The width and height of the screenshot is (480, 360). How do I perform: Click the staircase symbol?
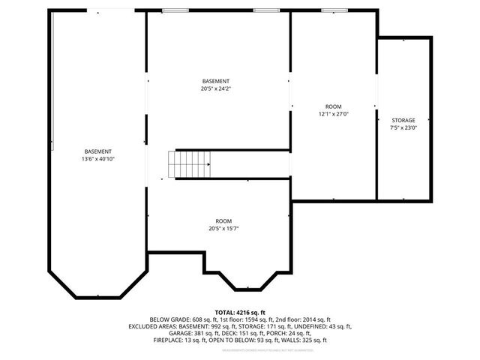191,163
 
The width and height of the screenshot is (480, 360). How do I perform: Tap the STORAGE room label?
403,120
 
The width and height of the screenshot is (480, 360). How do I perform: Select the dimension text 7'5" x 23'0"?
403,127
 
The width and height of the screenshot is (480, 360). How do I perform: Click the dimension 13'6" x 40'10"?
98,159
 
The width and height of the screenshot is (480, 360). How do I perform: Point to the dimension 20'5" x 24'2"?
216,88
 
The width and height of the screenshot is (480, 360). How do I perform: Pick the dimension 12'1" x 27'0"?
334,114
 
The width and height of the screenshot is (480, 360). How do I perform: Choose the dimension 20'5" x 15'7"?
223,229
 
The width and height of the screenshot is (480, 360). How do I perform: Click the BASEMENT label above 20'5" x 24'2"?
216,81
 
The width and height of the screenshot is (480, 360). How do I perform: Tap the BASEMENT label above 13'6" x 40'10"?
98,151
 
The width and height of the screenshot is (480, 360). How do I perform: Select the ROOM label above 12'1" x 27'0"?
334,106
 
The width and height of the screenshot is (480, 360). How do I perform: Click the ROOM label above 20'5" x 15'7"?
223,221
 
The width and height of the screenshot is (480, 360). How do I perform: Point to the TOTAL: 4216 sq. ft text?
240,312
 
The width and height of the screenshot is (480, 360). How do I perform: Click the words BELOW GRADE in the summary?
167,319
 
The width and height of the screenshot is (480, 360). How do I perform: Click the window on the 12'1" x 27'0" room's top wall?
335,11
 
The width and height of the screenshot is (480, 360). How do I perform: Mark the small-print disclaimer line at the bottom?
240,349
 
